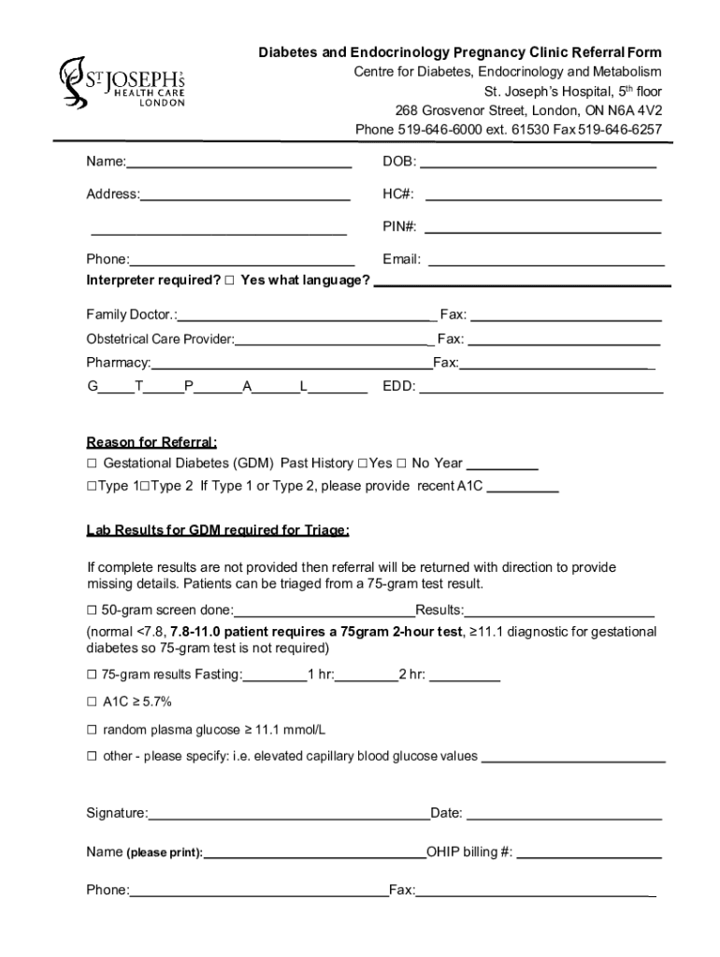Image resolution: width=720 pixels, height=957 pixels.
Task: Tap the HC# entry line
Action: tap(543, 199)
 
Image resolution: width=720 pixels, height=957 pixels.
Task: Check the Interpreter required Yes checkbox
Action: tap(230, 280)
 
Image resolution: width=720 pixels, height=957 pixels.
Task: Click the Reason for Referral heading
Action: tap(151, 442)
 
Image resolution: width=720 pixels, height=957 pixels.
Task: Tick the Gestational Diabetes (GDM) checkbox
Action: tap(93, 464)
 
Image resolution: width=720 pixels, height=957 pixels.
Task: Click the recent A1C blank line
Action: tap(523, 490)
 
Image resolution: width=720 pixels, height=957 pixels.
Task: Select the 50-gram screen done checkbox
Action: tap(93, 610)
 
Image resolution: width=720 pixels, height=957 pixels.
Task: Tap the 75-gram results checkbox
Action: tap(93, 675)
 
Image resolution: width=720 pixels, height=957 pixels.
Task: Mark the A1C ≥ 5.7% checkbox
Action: tap(93, 702)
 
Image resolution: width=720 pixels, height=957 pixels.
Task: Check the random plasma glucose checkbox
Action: tap(93, 729)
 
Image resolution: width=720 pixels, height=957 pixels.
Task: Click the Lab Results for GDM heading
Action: tap(218, 531)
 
